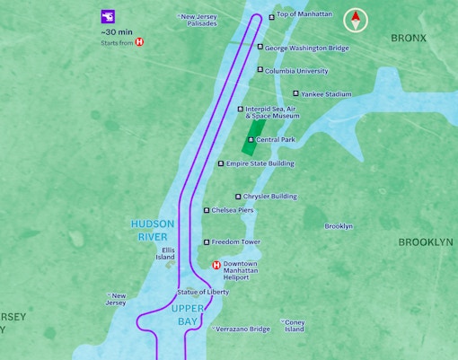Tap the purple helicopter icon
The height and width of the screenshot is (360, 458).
(109, 16)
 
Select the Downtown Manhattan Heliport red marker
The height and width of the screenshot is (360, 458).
(216, 265)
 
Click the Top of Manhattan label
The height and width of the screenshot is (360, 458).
(304, 14)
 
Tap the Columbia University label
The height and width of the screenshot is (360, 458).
(295, 70)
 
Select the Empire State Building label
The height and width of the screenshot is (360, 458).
(260, 163)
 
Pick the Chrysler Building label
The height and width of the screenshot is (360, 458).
(271, 197)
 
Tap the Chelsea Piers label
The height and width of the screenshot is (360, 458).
(232, 210)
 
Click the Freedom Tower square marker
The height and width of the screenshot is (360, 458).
(207, 242)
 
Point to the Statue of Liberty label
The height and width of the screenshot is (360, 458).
(203, 292)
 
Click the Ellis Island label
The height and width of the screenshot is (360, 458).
(165, 253)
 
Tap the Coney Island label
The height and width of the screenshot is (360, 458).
(295, 325)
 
